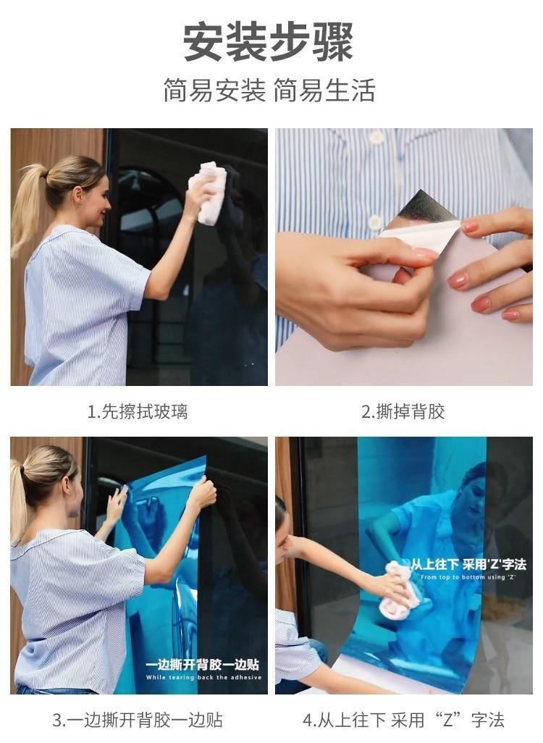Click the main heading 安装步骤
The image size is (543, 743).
(268, 42)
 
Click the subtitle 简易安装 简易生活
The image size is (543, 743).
(269, 91)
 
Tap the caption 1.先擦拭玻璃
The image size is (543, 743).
(138, 411)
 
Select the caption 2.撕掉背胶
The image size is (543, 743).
(403, 411)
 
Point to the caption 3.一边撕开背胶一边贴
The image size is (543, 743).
(138, 721)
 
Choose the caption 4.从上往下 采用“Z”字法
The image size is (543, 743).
(404, 721)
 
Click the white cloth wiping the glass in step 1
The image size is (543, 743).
(209, 193)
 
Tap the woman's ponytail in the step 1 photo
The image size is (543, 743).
(28, 209)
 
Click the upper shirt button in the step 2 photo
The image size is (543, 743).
(376, 138)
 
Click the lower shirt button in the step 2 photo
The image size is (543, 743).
(375, 222)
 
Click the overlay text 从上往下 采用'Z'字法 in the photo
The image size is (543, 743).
(468, 564)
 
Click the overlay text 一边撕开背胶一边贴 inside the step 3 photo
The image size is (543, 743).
(202, 664)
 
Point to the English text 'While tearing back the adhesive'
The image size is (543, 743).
(203, 678)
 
